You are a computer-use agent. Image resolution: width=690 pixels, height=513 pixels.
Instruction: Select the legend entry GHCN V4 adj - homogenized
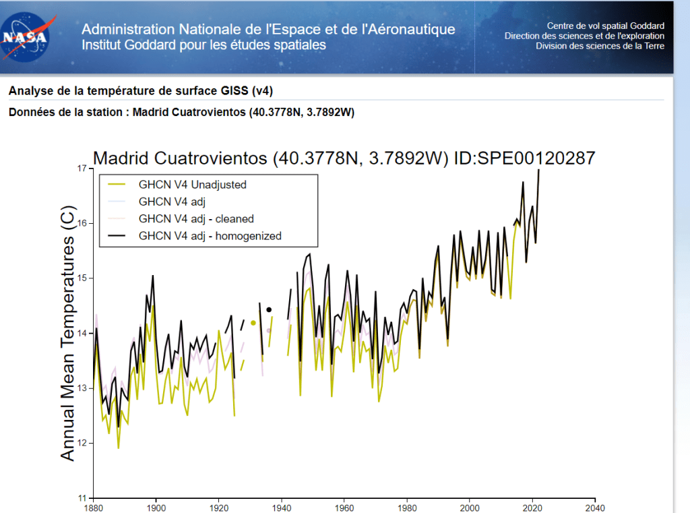tap(210, 235)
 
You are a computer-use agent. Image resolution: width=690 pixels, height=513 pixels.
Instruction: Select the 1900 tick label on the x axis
tap(156, 508)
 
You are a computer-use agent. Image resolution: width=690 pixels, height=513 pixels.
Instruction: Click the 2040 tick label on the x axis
tap(595, 508)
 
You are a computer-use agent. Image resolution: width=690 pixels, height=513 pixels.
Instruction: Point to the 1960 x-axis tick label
tap(344, 508)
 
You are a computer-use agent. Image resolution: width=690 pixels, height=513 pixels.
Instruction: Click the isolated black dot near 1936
tap(269, 310)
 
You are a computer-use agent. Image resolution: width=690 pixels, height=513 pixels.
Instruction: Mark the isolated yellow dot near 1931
tap(253, 323)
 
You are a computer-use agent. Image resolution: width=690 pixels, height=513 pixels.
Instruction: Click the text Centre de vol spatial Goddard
tap(604, 26)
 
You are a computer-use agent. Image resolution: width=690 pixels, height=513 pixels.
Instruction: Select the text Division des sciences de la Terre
tap(600, 46)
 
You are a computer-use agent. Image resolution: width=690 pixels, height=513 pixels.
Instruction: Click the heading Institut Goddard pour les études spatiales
tap(203, 45)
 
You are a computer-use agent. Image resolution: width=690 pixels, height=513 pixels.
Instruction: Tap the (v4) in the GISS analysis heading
tap(262, 90)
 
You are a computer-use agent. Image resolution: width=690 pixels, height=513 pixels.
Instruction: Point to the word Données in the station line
tap(30, 112)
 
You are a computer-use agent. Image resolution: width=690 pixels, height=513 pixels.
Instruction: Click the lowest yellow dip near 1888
tap(119, 447)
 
